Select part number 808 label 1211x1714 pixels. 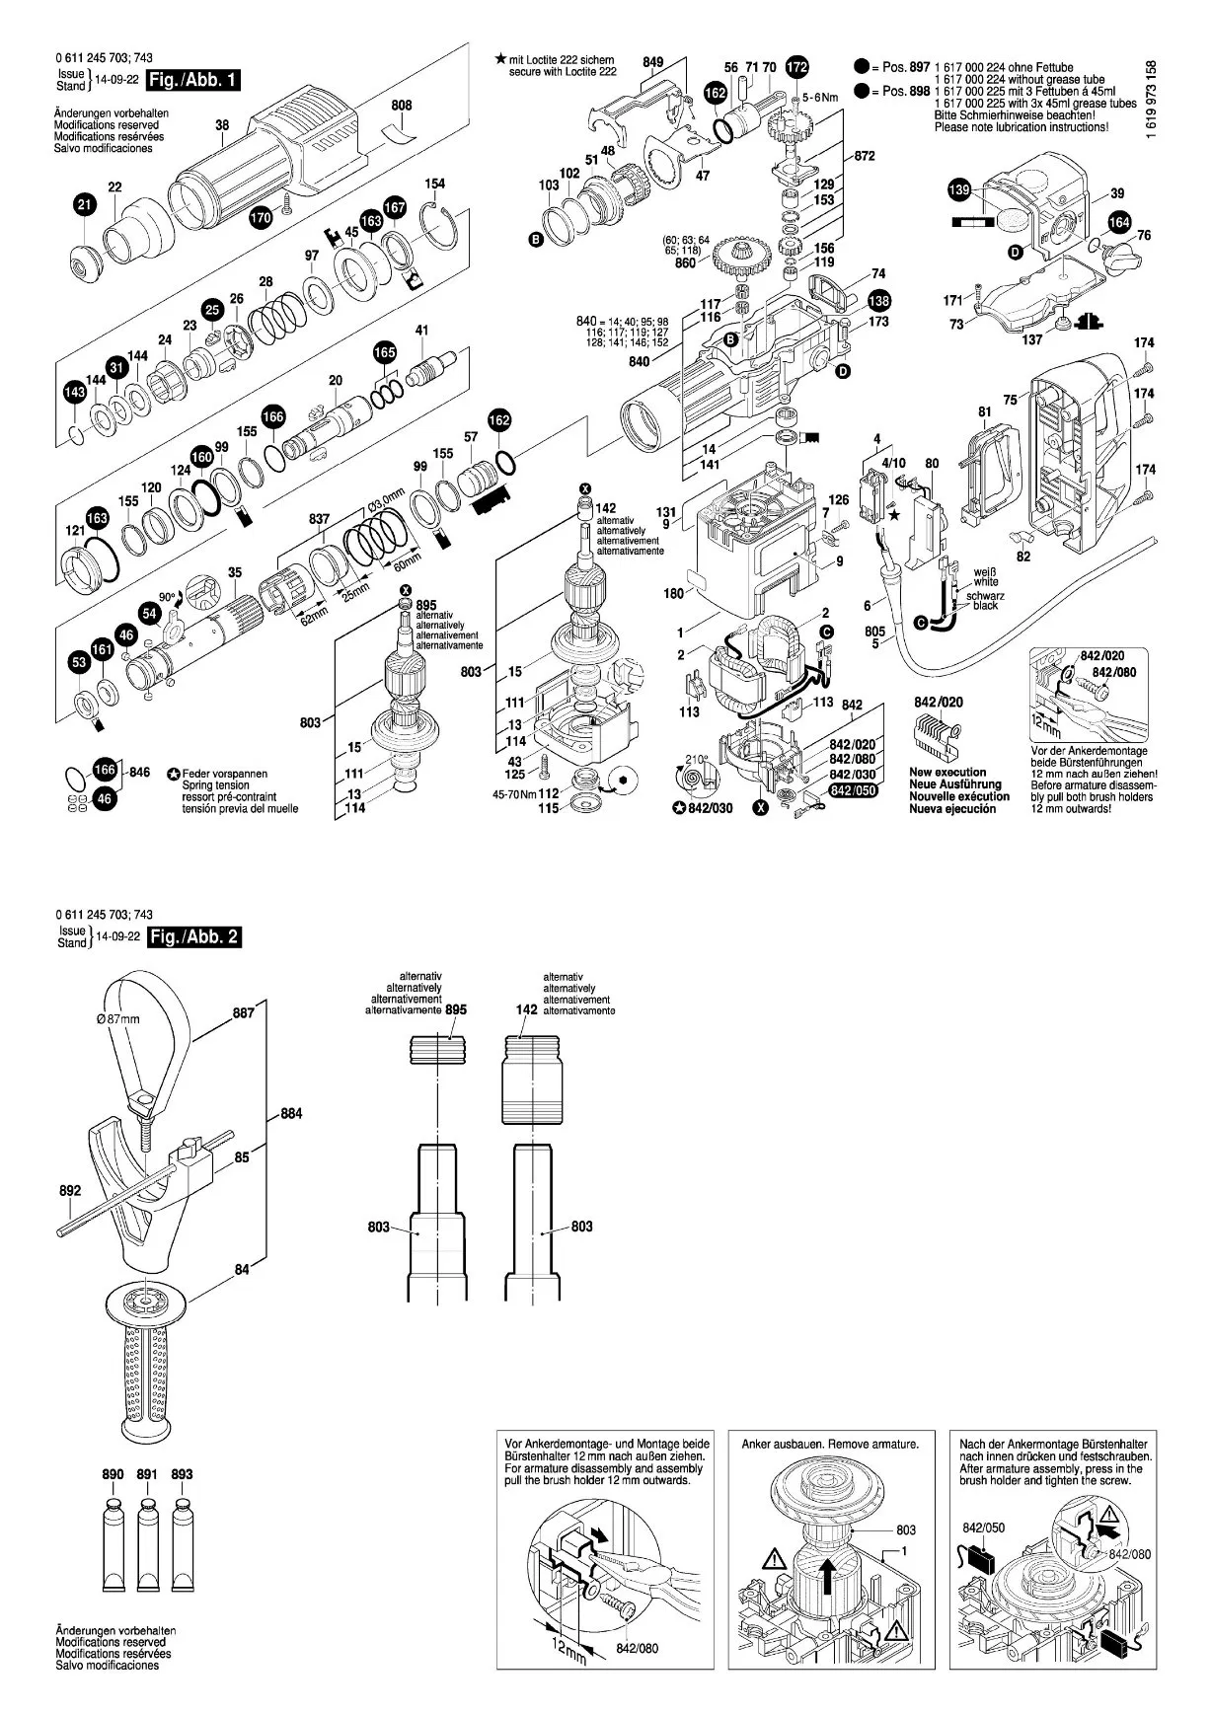(x=401, y=106)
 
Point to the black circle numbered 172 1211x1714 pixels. (x=796, y=67)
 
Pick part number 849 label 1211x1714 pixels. (x=652, y=62)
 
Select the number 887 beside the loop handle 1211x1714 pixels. (x=243, y=1012)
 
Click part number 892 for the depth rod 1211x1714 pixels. (x=69, y=1190)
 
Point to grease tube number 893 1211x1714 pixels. (x=182, y=1474)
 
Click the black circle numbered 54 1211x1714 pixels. (x=149, y=613)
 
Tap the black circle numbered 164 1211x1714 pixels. (x=1118, y=222)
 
